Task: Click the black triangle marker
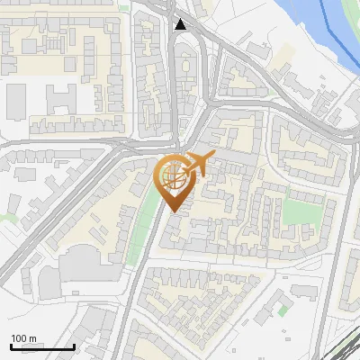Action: [x=182, y=24]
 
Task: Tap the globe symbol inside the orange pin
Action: [x=172, y=175]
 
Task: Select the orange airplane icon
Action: [x=197, y=165]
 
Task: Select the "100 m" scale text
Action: [x=23, y=339]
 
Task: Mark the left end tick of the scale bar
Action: [x=11, y=346]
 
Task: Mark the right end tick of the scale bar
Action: [x=74, y=346]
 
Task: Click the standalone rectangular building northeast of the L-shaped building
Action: [x=304, y=291]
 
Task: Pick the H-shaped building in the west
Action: [x=62, y=99]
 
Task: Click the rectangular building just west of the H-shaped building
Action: [x=17, y=101]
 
